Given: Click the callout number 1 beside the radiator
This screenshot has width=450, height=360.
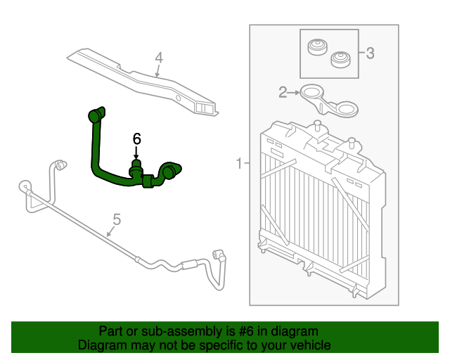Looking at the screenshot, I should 239,165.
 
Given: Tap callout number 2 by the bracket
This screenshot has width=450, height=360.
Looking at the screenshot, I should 283,91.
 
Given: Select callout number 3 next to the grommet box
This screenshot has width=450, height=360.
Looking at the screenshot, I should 370,53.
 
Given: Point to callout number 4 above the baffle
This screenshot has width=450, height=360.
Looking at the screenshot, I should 159,58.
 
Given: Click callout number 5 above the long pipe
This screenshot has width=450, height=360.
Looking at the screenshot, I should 117,220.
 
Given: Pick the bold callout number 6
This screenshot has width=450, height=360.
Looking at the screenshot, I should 137,139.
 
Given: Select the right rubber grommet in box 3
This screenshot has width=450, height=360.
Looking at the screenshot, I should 341,57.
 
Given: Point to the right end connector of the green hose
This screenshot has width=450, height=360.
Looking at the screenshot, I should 171,170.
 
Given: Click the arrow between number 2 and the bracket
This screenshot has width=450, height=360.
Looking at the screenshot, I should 294,91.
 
